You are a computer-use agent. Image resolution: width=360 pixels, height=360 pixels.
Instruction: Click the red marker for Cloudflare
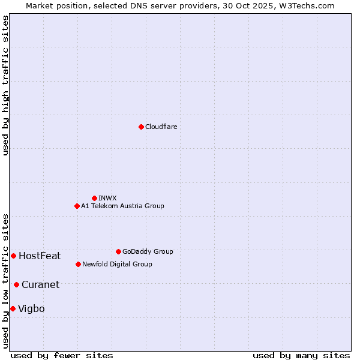(141, 127)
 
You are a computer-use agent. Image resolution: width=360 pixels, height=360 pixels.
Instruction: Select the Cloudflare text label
(161, 127)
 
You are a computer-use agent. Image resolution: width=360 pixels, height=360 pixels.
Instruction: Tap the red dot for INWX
(94, 198)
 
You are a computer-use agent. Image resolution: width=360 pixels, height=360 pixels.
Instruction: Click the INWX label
(107, 198)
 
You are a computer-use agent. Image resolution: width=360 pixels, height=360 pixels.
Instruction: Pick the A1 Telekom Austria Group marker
(77, 206)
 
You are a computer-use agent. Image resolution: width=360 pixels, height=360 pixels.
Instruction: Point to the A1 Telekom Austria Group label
(122, 206)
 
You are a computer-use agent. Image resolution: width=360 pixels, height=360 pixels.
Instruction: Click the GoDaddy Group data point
(118, 251)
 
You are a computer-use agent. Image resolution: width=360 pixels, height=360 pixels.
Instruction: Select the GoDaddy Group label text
(147, 251)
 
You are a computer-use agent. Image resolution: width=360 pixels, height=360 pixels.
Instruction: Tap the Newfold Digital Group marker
(78, 264)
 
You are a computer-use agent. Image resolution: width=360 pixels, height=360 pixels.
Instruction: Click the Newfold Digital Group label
(117, 264)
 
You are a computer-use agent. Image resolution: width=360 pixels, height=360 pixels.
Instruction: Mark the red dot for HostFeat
(13, 256)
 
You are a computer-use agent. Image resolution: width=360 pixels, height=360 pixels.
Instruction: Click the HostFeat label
(40, 256)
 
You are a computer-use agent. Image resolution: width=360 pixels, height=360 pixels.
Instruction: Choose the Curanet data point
(16, 284)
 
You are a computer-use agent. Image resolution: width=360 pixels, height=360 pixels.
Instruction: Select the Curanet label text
(40, 285)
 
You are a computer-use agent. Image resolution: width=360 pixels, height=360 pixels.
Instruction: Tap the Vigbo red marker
(13, 308)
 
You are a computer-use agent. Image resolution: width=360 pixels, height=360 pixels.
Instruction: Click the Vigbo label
(31, 309)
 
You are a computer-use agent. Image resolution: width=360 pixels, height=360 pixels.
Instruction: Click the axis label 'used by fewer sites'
(62, 355)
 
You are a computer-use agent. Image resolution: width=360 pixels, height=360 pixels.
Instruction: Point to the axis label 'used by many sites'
(301, 355)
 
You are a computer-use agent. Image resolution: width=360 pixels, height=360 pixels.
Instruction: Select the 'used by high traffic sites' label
(5, 85)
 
